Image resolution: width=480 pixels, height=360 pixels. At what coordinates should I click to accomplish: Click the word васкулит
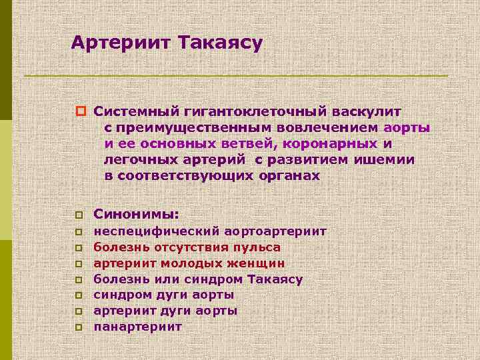point(364,112)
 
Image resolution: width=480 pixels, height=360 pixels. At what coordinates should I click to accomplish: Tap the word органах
point(288,176)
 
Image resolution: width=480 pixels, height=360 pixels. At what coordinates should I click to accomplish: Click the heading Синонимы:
point(137,214)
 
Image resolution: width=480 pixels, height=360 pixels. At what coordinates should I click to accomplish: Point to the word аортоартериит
point(275,231)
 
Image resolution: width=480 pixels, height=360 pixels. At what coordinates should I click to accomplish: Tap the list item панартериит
point(138,327)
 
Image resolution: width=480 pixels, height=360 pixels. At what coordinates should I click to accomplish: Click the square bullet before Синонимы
point(78,215)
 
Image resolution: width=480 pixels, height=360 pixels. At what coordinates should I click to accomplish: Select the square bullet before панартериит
point(78,327)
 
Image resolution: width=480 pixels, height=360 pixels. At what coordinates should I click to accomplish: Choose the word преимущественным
point(183,128)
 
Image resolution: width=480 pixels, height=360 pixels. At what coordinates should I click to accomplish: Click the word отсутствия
point(190,247)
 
